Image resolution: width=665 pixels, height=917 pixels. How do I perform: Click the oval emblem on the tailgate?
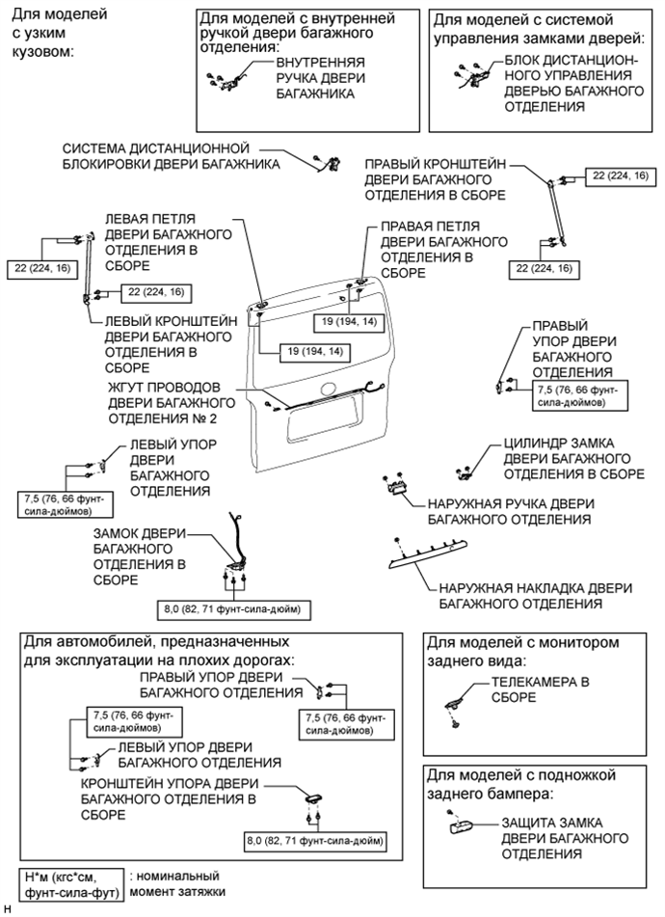click(x=327, y=389)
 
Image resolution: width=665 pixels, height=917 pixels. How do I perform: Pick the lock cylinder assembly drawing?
click(x=464, y=471)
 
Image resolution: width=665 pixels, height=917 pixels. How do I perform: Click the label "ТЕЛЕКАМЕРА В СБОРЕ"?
click(x=540, y=688)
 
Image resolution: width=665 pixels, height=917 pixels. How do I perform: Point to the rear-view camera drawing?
click(x=452, y=711)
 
